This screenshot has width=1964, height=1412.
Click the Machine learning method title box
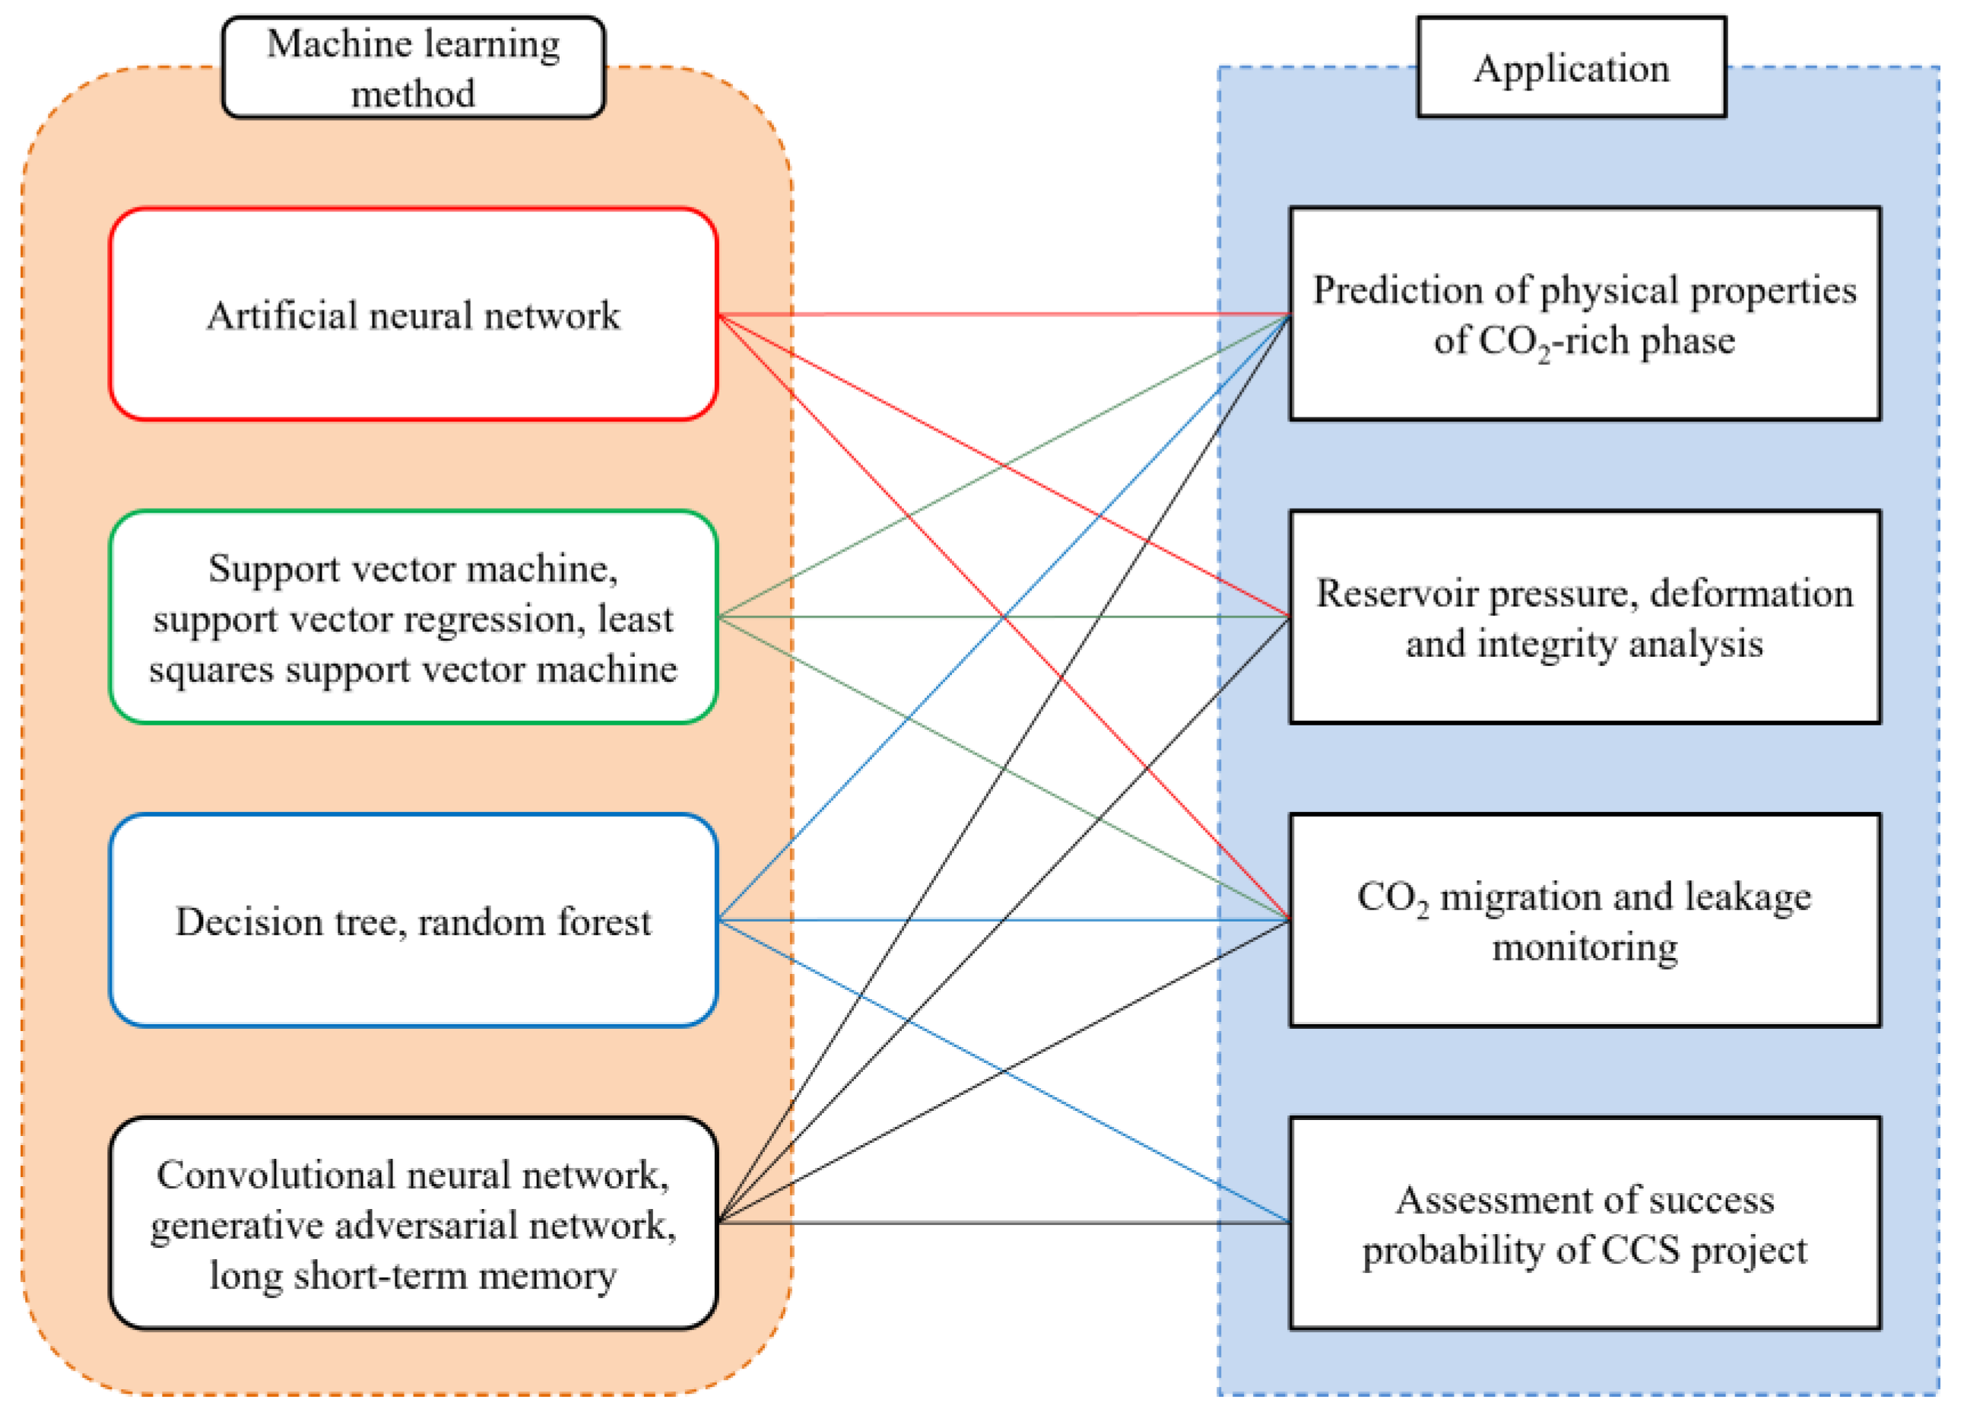tap(413, 68)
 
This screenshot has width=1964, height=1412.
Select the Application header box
tap(1571, 68)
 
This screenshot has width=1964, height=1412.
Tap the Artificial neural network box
tap(413, 314)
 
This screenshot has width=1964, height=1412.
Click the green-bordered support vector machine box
tap(413, 617)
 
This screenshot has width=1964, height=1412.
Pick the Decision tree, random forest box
tap(413, 921)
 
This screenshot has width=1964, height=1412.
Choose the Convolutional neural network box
tap(413, 1223)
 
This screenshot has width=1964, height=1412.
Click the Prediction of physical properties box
tap(1585, 314)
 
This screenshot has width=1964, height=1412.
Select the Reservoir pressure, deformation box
tap(1585, 617)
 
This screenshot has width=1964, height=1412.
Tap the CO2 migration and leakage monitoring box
tap(1585, 921)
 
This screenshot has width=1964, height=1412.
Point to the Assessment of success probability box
tap(1585, 1223)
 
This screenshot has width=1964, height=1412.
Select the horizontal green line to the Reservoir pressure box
tap(866, 617)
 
